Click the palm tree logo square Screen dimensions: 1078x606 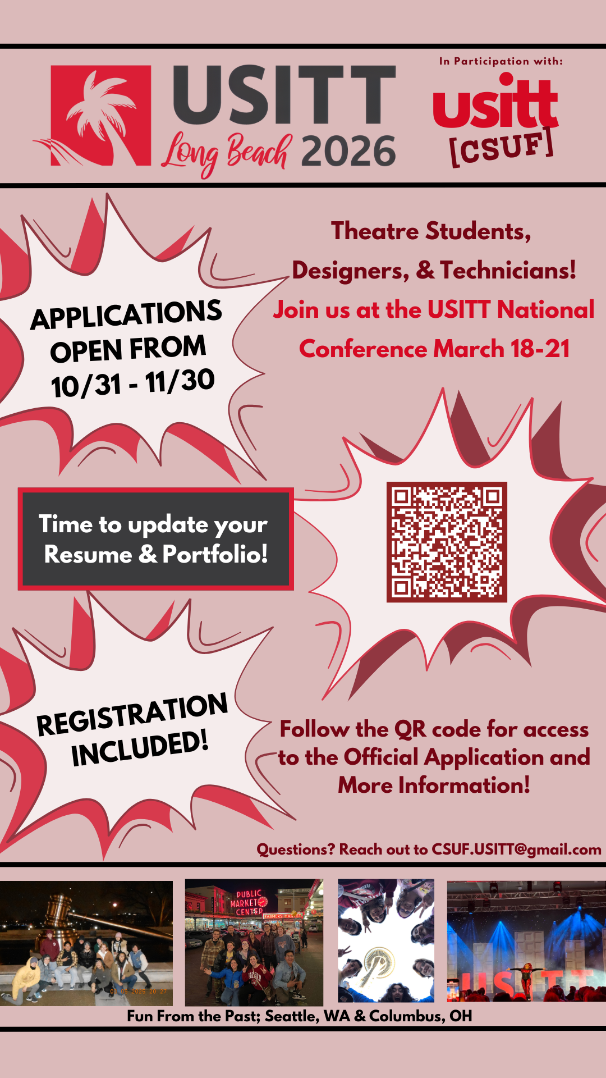click(x=101, y=115)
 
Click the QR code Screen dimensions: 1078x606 click(x=447, y=542)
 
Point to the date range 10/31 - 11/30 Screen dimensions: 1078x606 click(x=132, y=383)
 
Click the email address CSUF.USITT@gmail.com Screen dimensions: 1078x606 click(x=516, y=849)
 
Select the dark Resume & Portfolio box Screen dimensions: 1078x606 click(x=155, y=539)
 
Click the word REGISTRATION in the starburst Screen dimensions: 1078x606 click(x=132, y=714)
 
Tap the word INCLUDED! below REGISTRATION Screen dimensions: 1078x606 click(x=140, y=748)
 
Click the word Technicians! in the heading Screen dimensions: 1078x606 click(x=508, y=271)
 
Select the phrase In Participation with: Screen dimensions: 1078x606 click(x=501, y=61)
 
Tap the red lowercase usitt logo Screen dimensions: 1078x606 click(x=495, y=104)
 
